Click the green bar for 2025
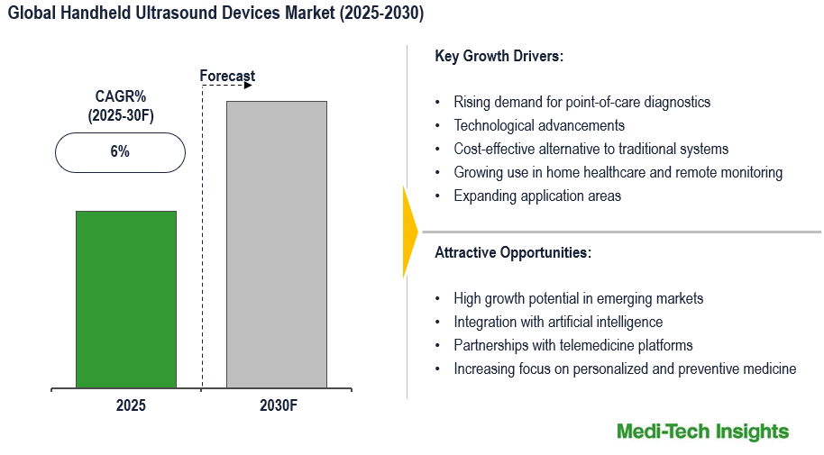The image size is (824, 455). click(x=126, y=299)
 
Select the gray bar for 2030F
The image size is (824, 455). click(x=277, y=244)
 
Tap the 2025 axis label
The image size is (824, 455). click(x=130, y=405)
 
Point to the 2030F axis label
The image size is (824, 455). click(x=278, y=405)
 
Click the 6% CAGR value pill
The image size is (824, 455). click(x=120, y=152)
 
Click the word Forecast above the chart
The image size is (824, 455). click(x=227, y=77)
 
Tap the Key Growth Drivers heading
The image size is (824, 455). click(x=499, y=56)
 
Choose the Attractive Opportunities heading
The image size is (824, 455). click(x=513, y=252)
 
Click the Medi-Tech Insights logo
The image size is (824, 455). click(x=702, y=432)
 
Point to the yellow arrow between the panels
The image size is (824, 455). click(x=410, y=232)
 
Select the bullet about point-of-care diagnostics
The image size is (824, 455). click(x=581, y=102)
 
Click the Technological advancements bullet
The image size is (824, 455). click(x=539, y=125)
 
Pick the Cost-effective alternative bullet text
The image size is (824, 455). click(x=591, y=149)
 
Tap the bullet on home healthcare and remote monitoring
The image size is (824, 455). click(x=618, y=172)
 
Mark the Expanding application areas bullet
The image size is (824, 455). click(x=537, y=196)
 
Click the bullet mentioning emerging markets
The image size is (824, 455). click(x=578, y=298)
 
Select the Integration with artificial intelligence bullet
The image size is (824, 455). click(x=558, y=322)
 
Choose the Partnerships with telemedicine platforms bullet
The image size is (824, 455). click(x=573, y=345)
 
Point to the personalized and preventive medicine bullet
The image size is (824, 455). click(x=625, y=369)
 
